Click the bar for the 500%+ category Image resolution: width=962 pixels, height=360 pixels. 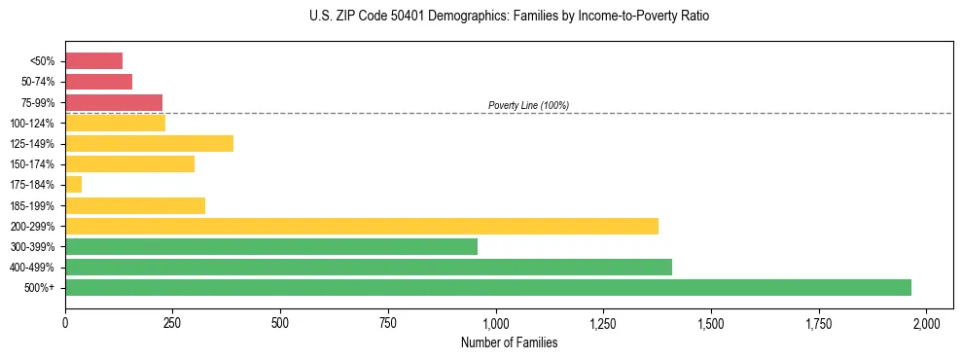click(487, 287)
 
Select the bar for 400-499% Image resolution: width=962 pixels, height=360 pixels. click(368, 267)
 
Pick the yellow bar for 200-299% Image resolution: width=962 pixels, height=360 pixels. click(361, 226)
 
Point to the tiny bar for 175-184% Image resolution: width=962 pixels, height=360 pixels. click(73, 184)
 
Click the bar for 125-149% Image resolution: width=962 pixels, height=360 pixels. click(149, 143)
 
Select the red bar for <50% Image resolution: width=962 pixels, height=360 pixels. click(93, 60)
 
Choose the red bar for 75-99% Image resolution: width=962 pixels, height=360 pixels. click(113, 102)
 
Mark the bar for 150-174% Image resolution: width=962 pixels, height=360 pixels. click(129, 163)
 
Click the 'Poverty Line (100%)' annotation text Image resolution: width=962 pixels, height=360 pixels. click(528, 105)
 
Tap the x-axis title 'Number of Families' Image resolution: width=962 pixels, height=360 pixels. click(509, 342)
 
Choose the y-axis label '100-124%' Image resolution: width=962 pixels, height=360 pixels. click(34, 123)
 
